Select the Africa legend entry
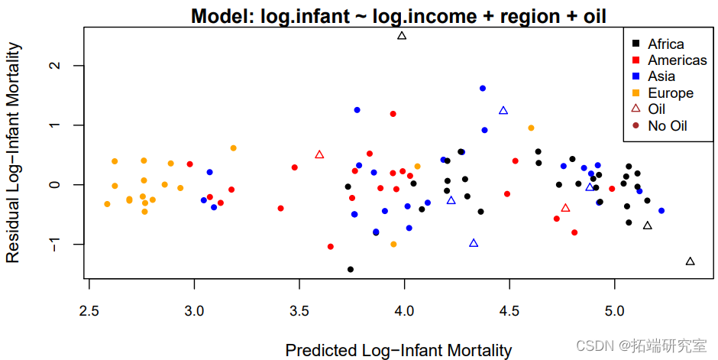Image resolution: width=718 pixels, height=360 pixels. (665, 44)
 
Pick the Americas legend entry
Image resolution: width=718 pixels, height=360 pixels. (677, 60)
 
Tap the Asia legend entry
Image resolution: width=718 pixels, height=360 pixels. (661, 76)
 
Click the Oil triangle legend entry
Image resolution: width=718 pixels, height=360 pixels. (656, 109)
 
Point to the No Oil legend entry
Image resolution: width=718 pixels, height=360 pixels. (667, 125)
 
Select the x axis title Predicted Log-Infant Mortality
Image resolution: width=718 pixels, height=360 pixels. (399, 351)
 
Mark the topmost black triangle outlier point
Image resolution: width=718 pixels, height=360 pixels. (403, 36)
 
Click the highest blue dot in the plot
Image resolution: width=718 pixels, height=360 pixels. (483, 89)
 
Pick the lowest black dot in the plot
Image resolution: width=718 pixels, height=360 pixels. (351, 269)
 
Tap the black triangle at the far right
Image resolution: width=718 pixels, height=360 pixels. (690, 261)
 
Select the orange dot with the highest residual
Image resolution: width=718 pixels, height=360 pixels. (531, 128)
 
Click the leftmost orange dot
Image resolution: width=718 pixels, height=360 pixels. (107, 204)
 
